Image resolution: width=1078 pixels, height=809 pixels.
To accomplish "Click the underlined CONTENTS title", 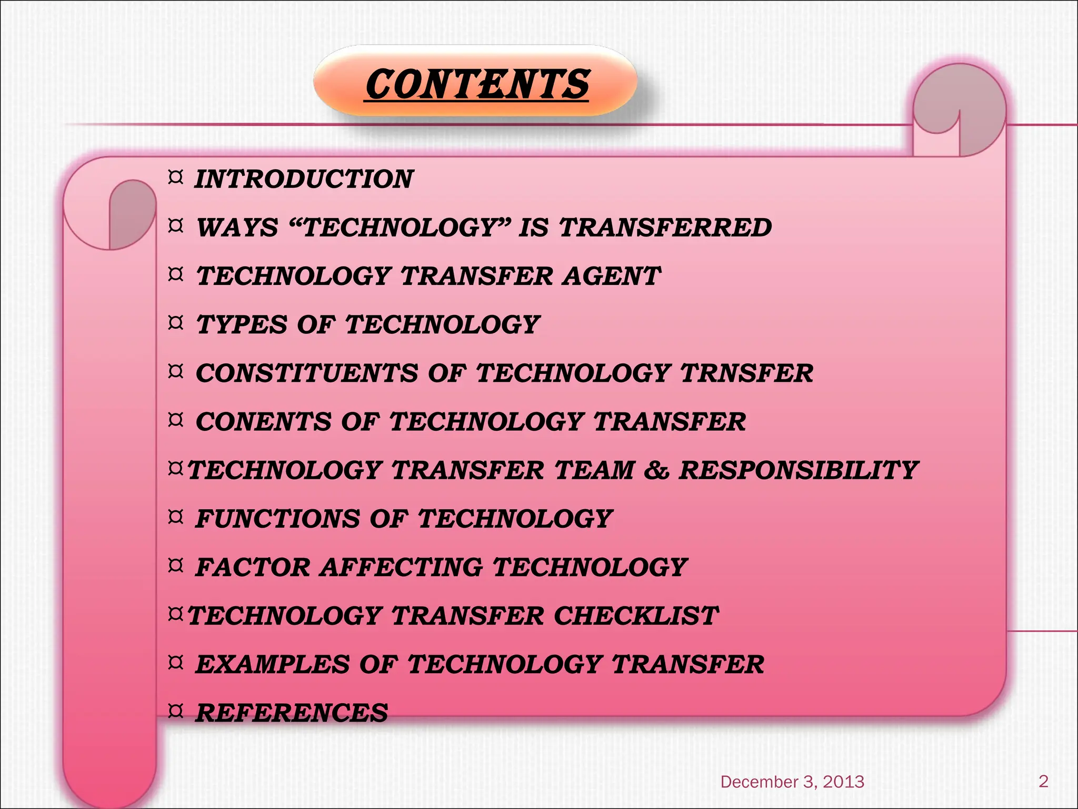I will coord(477,84).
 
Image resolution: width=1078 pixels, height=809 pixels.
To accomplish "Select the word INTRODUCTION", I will coord(304,179).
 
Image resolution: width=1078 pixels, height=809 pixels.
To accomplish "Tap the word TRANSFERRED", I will coord(665,228).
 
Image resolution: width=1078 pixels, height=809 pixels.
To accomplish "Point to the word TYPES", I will coord(242,324).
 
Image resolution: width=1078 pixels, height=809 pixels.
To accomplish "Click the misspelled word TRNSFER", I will coord(746,373).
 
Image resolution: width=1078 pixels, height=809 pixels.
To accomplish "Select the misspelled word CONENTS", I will coord(264,422).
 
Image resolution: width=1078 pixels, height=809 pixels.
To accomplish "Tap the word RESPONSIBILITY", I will coord(798,470).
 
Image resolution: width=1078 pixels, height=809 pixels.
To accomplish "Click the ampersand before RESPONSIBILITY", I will coord(656,470).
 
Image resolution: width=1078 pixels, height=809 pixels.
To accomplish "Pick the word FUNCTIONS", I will coord(277,519).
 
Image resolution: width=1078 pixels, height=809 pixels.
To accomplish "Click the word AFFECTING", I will coord(402,567).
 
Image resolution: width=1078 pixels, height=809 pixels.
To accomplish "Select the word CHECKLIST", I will coord(636,616).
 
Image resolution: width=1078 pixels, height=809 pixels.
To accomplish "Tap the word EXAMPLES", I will coord(272,664).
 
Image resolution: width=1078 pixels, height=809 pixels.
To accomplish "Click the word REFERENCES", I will coord(292,713).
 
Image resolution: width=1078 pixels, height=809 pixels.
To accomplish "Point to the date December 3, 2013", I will coord(792,782).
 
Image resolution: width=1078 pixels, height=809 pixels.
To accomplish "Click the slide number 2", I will coord(1043,781).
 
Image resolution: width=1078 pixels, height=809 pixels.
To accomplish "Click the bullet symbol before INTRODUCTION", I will coord(175,177).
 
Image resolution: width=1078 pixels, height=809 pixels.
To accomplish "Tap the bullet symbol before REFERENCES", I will coord(175,711).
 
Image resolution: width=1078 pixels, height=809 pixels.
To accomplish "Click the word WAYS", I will coord(237,228).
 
